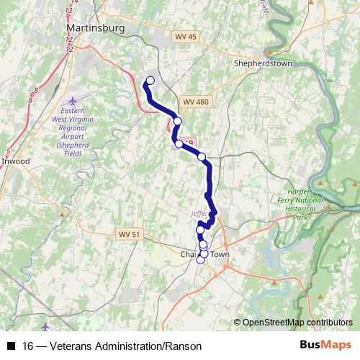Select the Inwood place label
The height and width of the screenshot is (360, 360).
point(15,161)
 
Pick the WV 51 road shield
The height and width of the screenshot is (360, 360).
point(127,234)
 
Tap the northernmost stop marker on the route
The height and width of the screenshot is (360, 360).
point(150,81)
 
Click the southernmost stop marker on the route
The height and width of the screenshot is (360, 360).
point(201,260)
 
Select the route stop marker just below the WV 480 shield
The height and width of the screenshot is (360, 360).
point(177,121)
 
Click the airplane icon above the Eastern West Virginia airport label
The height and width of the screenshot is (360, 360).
point(71,100)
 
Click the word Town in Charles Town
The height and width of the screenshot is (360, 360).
point(219,254)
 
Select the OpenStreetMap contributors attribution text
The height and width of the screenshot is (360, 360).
point(297,322)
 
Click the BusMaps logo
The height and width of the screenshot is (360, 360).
point(325,345)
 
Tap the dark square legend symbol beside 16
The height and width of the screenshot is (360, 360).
point(11,346)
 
